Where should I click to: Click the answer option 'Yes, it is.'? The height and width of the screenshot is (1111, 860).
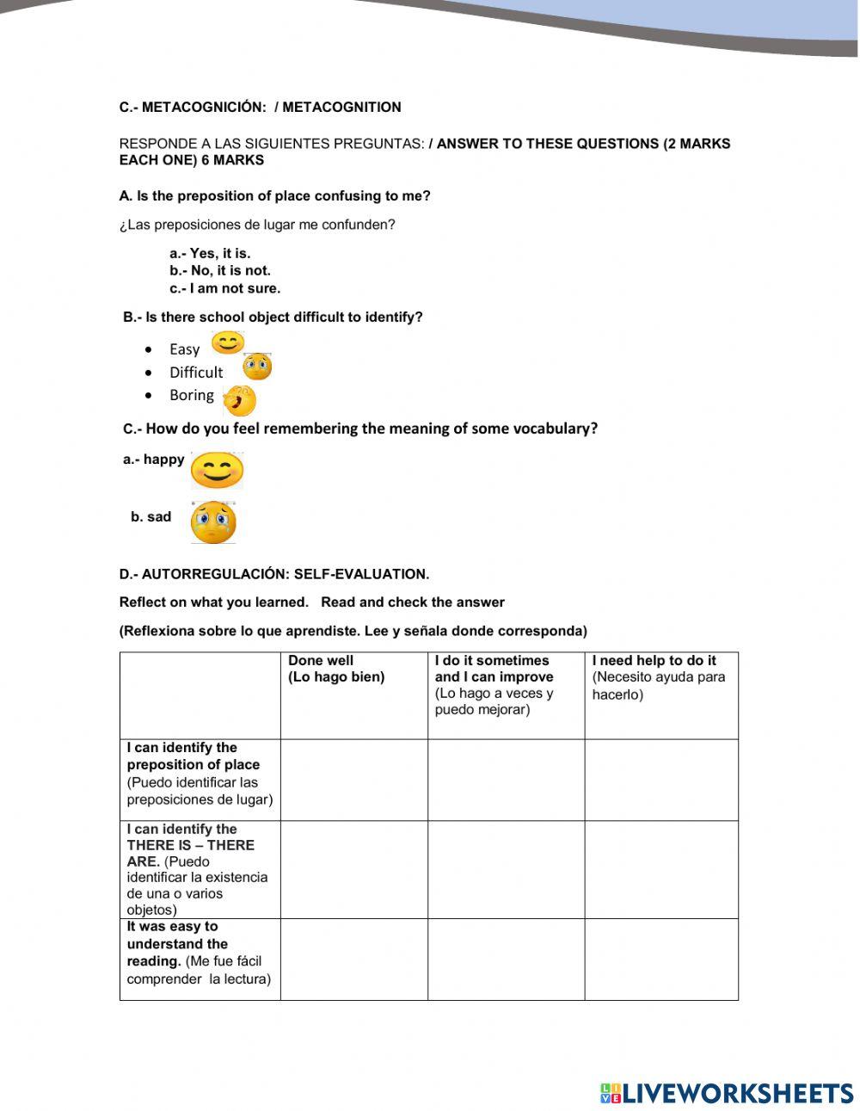pyautogui.click(x=210, y=253)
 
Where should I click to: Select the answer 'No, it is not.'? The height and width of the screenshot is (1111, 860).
pyautogui.click(x=220, y=270)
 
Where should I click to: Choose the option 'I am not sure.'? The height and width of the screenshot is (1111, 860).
pyautogui.click(x=225, y=288)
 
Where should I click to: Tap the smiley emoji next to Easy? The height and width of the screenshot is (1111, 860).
pyautogui.click(x=228, y=343)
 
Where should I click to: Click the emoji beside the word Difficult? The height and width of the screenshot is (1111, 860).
pyautogui.click(x=257, y=367)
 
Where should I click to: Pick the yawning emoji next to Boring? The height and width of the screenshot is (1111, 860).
pyautogui.click(x=240, y=400)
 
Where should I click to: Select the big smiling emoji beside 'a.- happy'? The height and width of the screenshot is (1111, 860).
pyautogui.click(x=218, y=470)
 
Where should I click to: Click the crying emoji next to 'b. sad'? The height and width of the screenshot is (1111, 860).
pyautogui.click(x=213, y=522)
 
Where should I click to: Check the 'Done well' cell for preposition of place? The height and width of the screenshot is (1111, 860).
pyautogui.click(x=353, y=780)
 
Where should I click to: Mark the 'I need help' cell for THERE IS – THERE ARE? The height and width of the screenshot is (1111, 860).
pyautogui.click(x=660, y=869)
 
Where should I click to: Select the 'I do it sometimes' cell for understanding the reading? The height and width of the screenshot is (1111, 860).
pyautogui.click(x=506, y=959)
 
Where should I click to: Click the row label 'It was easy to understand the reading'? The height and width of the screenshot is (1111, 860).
pyautogui.click(x=199, y=953)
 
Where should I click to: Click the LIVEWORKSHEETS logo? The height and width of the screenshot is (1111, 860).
pyautogui.click(x=727, y=1093)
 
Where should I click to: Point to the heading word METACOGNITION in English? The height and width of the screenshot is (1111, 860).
pyautogui.click(x=341, y=108)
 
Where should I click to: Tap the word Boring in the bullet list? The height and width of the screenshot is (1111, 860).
pyautogui.click(x=192, y=395)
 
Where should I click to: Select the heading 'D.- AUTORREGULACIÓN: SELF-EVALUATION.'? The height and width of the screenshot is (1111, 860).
pyautogui.click(x=274, y=574)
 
